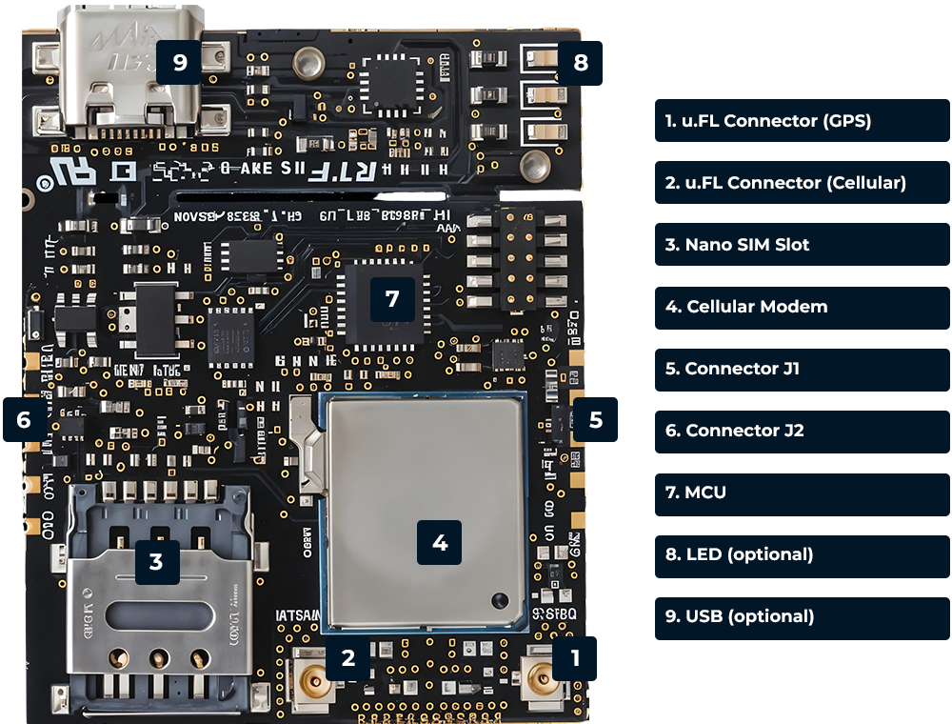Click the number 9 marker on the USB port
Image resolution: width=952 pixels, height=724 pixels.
tap(179, 63)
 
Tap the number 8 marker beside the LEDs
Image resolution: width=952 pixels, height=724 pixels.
tap(581, 64)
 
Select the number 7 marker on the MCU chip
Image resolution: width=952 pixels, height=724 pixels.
tap(392, 298)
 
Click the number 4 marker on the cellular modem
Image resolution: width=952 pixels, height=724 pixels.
tap(439, 542)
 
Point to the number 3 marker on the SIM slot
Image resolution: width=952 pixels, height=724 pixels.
tap(156, 561)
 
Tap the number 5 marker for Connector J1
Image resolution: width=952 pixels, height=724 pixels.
tap(595, 420)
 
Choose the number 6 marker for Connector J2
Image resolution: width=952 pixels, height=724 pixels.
tap(25, 420)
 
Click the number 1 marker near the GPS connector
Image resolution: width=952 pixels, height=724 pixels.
tap(574, 658)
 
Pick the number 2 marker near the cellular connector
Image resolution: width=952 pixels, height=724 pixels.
tap(348, 658)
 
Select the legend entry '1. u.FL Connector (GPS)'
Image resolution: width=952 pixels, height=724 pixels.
tap(802, 121)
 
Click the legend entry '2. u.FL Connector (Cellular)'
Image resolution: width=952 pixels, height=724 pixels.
tap(802, 183)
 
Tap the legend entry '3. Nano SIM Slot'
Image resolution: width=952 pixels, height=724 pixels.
tap(802, 245)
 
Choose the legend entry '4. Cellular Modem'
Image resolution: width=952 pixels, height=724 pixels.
tap(802, 307)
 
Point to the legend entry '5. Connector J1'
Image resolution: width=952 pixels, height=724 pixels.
tap(802, 369)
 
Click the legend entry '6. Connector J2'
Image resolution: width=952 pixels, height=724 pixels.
tap(802, 431)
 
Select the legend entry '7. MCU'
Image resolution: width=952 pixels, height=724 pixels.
tap(802, 493)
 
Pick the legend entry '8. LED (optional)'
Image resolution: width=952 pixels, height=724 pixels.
tap(802, 554)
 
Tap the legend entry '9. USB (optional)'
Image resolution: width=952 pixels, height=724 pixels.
tap(802, 616)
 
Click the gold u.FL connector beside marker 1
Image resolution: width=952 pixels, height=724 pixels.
tap(540, 679)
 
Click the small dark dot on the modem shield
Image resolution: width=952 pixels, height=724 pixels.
tap(497, 599)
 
